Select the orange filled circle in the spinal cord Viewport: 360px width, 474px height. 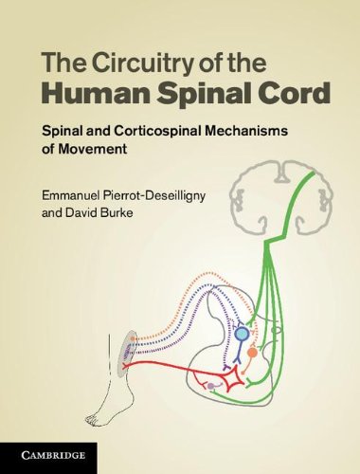click(x=252, y=352)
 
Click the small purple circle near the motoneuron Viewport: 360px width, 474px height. click(x=210, y=387)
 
